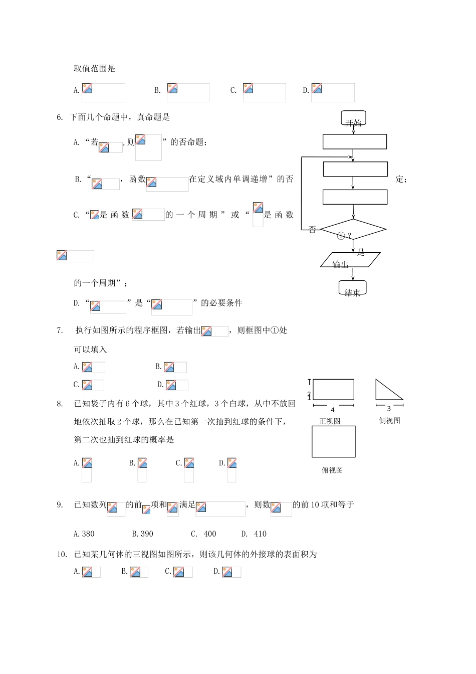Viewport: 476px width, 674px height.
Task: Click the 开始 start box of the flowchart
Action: click(x=353, y=119)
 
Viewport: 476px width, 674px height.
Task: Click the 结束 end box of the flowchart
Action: click(x=353, y=288)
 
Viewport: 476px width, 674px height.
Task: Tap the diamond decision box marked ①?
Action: click(x=353, y=230)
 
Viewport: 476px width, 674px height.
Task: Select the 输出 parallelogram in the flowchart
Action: click(x=350, y=260)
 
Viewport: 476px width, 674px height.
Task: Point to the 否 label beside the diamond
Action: click(x=312, y=230)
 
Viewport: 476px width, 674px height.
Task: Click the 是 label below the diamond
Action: click(x=361, y=252)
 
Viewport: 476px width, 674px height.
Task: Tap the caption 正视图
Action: click(x=330, y=421)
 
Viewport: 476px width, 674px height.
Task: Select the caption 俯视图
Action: click(x=332, y=470)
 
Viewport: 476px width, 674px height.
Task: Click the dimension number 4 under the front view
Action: click(x=333, y=410)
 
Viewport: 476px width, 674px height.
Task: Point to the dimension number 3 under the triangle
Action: click(x=389, y=409)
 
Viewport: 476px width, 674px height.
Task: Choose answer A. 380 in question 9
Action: click(x=84, y=534)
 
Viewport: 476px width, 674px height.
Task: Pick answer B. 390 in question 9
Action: click(x=143, y=534)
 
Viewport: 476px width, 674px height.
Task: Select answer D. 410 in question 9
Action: click(x=254, y=534)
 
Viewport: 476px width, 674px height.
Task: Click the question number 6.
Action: click(x=60, y=117)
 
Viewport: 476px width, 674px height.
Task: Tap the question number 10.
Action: click(x=62, y=554)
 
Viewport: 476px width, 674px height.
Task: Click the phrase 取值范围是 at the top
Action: click(x=95, y=69)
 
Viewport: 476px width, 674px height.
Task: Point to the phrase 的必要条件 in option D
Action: click(x=221, y=303)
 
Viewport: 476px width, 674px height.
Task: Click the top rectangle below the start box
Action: click(x=354, y=141)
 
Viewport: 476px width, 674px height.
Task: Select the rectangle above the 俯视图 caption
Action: click(x=333, y=441)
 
